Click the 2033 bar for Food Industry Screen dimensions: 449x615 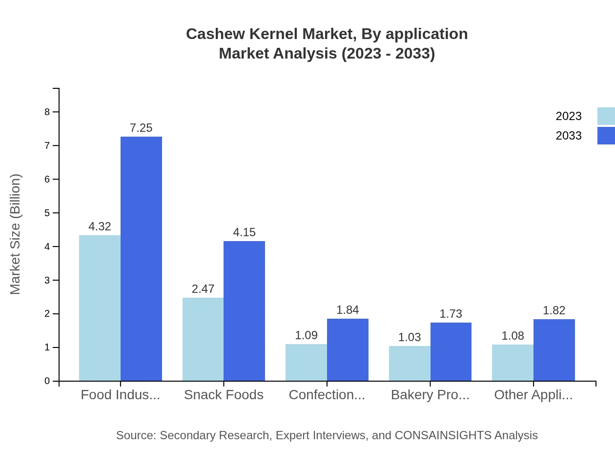[x=141, y=259]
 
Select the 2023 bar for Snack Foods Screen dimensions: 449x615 [x=203, y=339]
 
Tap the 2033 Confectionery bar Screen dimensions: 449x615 [x=348, y=350]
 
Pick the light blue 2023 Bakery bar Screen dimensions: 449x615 [x=410, y=364]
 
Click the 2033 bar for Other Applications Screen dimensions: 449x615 [x=554, y=350]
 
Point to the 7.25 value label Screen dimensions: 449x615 [x=141, y=128]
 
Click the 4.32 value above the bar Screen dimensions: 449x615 [x=100, y=226]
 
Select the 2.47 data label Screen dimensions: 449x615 [x=203, y=289]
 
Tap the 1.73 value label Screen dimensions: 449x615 [x=451, y=314]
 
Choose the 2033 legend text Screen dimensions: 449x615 [x=569, y=136]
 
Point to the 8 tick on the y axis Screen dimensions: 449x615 [x=47, y=112]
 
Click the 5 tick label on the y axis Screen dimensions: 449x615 [x=47, y=213]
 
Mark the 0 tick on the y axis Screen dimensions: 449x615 [x=47, y=381]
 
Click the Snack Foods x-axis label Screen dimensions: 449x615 [x=224, y=395]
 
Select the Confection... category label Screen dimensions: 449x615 [x=327, y=395]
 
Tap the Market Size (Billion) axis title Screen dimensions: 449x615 [x=16, y=234]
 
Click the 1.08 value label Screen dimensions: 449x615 [x=512, y=336]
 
